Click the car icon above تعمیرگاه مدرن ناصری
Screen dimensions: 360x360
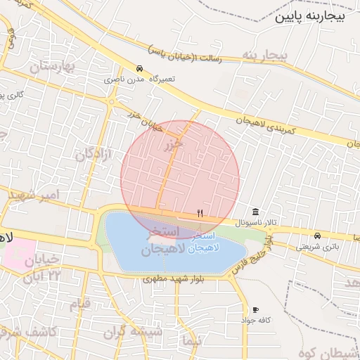pos(140,69)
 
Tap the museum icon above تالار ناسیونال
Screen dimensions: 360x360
pos(255,212)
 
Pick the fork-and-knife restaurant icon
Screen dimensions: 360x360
pos(200,213)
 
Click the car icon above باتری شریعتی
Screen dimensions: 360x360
pos(318,236)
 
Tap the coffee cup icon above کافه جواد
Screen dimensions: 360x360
pos(255,309)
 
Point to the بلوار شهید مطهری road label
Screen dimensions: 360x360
pos(172,278)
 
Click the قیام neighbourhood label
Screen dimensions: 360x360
pos(79,304)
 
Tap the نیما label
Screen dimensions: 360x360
pos(191,340)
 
